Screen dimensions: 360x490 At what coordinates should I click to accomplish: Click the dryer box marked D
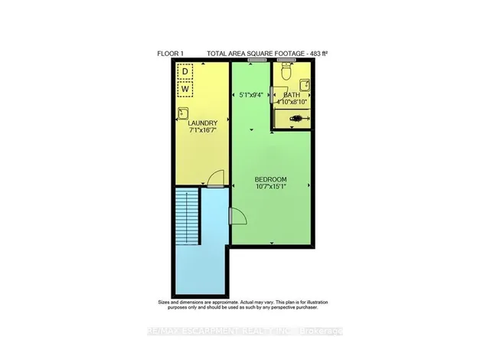pyautogui.click(x=185, y=72)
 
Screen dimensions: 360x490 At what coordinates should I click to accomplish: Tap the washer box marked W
pyautogui.click(x=185, y=90)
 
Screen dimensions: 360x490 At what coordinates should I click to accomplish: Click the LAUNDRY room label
pyautogui.click(x=203, y=123)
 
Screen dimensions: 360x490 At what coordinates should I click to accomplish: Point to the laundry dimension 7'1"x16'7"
pyautogui.click(x=203, y=131)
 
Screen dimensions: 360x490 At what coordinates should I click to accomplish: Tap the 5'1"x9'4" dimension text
pyautogui.click(x=251, y=95)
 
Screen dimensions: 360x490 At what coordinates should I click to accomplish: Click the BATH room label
pyautogui.click(x=292, y=95)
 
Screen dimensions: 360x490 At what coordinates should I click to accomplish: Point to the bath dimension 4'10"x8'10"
pyautogui.click(x=292, y=102)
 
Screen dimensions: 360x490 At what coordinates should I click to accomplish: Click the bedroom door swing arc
pyautogui.click(x=237, y=218)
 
